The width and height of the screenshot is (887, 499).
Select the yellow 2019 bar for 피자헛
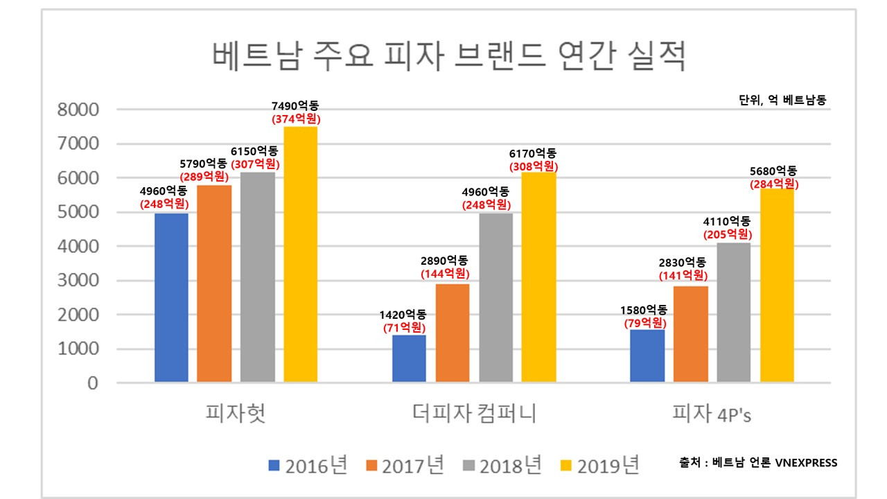(x=301, y=254)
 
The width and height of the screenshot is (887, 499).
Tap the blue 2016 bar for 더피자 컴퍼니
(x=409, y=358)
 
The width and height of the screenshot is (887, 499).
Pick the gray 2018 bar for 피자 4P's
(x=734, y=313)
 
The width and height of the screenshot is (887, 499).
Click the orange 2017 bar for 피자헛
(x=214, y=283)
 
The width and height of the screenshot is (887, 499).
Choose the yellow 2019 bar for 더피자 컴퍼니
(x=538, y=277)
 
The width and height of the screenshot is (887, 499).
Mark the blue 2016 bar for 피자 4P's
(x=647, y=356)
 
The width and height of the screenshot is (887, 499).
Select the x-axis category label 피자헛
(x=236, y=414)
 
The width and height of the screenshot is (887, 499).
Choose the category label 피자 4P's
(x=712, y=414)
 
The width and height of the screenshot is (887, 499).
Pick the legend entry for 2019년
(x=599, y=465)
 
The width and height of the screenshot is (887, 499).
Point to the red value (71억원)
(x=404, y=328)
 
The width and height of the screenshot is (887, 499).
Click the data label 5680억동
(x=773, y=171)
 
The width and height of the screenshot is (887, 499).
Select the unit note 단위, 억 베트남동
(x=782, y=100)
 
